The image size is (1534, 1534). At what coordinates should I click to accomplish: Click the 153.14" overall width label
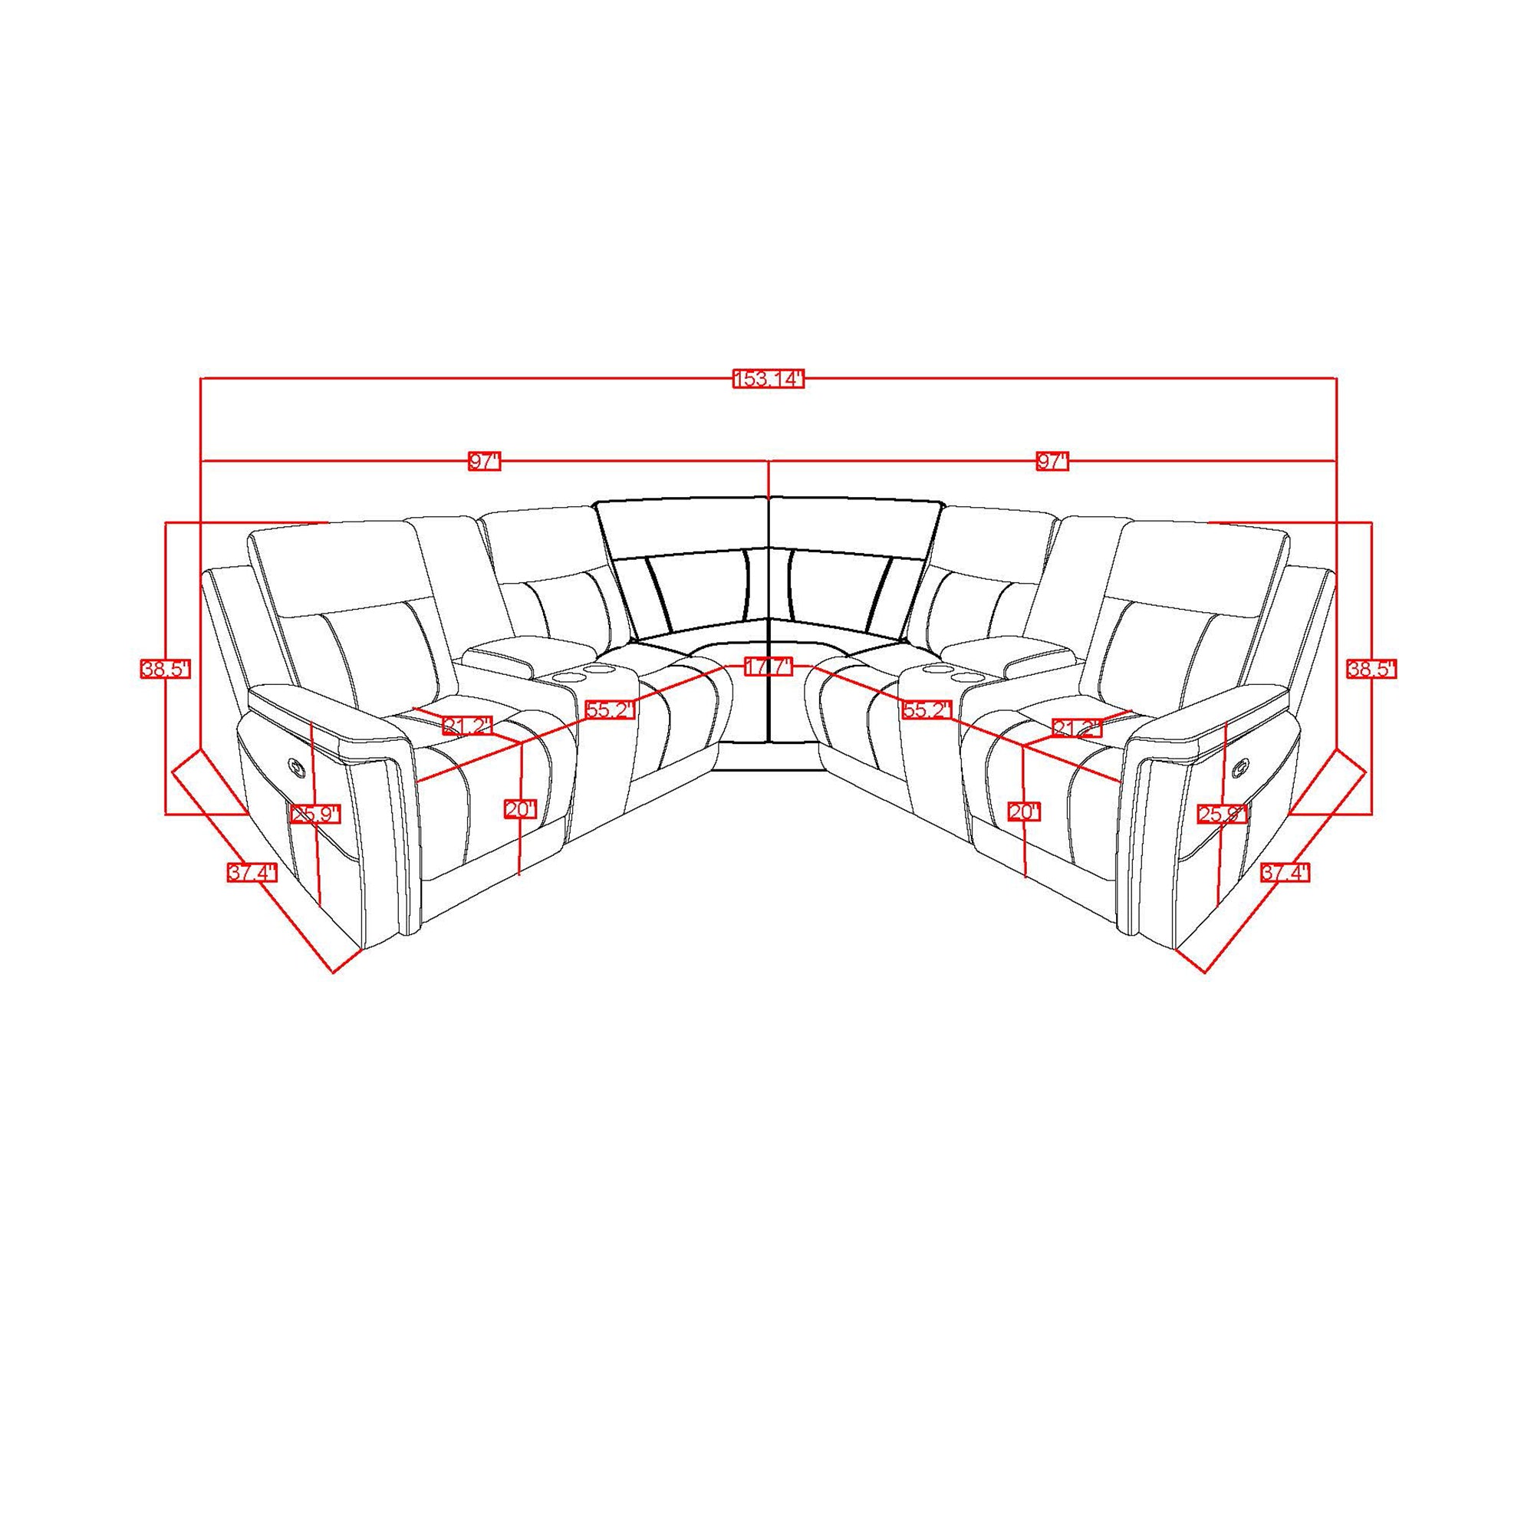point(769,380)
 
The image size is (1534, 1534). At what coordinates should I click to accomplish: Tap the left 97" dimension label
point(484,462)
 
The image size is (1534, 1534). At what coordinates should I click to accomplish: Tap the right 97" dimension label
point(1053,462)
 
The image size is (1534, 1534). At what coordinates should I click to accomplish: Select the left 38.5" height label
point(166,670)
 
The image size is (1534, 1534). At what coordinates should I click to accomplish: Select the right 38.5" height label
point(1371,670)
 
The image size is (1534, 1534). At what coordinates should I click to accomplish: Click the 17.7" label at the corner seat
point(769,667)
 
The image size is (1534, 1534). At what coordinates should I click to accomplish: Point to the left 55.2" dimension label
point(611,709)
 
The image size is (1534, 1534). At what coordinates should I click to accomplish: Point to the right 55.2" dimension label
point(927,709)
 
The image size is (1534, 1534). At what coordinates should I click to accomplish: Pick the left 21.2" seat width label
point(468,725)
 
